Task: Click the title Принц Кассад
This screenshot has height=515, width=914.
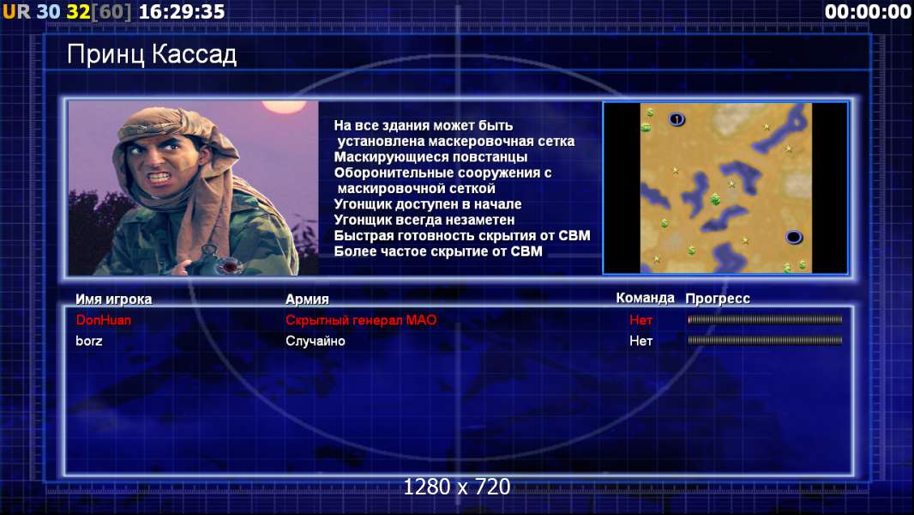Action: point(152,55)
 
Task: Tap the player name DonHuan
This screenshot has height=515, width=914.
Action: point(103,319)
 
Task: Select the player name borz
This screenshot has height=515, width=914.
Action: point(88,341)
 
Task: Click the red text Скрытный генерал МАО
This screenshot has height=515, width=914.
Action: point(361,319)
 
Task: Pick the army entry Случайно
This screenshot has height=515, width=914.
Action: point(315,341)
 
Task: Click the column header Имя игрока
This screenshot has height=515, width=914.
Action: point(114,300)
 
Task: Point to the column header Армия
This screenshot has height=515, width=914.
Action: point(307,300)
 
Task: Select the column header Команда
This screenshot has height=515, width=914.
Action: point(645,298)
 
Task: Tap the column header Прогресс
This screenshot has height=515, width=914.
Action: point(718,299)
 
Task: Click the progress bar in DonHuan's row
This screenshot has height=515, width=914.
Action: point(765,319)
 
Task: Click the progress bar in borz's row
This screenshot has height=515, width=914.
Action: point(765,340)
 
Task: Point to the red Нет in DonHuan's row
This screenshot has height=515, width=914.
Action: point(640,319)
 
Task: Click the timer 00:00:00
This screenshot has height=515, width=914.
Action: point(868,12)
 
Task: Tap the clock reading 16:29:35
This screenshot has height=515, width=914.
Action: point(181,12)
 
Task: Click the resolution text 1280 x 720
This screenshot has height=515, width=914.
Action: point(456,487)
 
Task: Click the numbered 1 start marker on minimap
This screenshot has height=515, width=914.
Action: point(676,119)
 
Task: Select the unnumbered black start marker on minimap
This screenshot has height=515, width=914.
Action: point(794,237)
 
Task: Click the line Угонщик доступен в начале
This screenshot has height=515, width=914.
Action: point(427,204)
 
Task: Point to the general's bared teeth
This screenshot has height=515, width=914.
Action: point(159,176)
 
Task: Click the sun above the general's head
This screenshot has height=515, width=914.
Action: point(284,106)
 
